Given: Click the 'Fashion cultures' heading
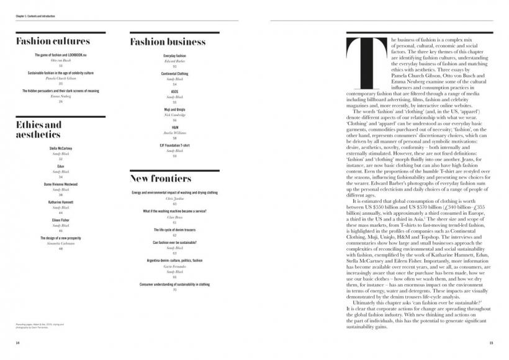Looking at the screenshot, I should click(53, 42).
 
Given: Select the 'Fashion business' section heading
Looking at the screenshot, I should click(168, 42).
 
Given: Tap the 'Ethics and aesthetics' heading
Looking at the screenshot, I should click(39, 130).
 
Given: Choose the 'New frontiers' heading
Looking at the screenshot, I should click(160, 179).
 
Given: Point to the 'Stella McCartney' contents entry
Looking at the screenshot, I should click(61, 150).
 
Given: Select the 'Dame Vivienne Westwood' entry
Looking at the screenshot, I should click(61, 184).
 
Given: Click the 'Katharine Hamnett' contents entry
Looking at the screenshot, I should click(61, 202).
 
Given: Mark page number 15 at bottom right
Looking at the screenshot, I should click(491, 342).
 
